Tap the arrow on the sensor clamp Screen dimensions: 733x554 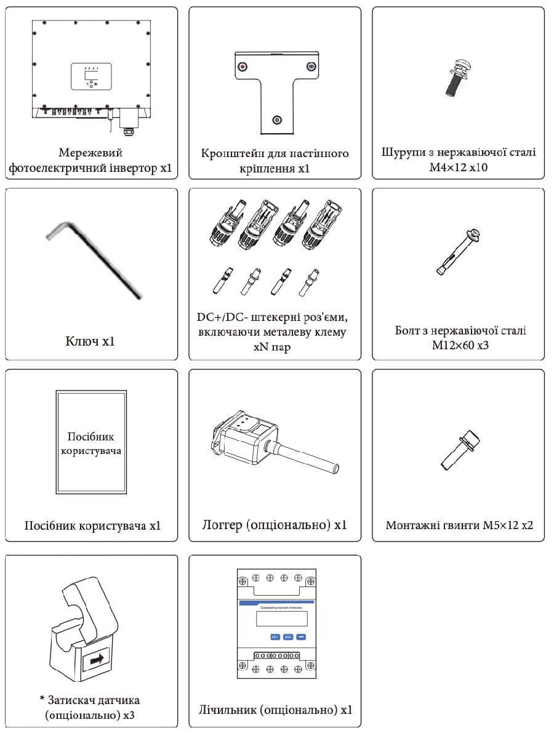96,659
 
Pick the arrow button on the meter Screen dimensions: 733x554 301,637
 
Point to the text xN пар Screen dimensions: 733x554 275,347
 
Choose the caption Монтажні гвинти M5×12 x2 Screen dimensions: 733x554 459,525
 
